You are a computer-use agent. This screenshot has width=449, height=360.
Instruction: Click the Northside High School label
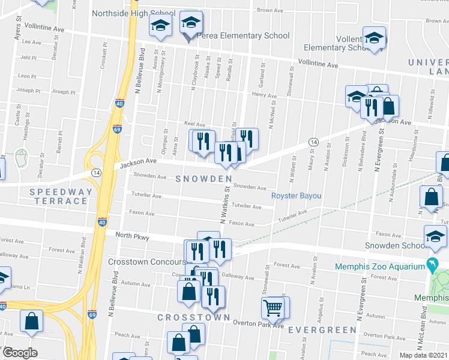click(133, 13)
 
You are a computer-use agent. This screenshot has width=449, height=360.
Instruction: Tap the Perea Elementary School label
click(243, 36)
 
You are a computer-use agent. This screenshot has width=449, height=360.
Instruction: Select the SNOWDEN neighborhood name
click(203, 179)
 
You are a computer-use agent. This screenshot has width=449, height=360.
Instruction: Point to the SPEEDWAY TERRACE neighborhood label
click(62, 197)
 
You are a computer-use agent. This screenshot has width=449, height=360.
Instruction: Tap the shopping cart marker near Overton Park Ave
click(273, 308)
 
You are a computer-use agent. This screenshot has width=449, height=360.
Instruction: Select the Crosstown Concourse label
click(147, 262)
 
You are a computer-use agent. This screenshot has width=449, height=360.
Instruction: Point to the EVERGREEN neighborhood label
click(322, 330)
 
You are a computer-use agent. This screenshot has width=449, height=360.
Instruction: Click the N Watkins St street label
click(224, 206)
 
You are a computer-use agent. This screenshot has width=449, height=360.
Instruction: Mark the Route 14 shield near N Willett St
click(313, 142)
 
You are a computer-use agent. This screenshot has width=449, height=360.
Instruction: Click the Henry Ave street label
click(264, 95)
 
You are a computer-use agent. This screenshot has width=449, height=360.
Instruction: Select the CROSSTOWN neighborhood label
click(193, 317)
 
